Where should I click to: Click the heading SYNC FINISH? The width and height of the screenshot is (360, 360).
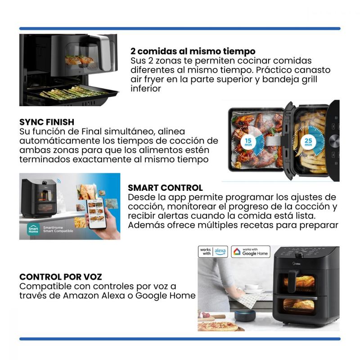(47, 122)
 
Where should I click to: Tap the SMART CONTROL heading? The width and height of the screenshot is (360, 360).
(165, 188)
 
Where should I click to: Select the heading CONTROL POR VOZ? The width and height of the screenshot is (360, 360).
(61, 277)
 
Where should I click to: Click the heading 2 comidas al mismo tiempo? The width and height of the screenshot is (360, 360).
(193, 51)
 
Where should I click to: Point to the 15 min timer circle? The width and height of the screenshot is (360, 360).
(248, 142)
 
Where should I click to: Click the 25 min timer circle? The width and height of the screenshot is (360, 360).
(308, 142)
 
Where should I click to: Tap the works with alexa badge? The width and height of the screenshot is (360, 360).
(213, 252)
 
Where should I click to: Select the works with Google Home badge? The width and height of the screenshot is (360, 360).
(251, 252)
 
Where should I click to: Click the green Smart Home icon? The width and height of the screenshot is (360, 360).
(33, 229)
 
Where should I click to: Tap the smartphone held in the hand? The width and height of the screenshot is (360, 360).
(96, 213)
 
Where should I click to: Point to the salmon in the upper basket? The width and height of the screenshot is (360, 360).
(80, 60)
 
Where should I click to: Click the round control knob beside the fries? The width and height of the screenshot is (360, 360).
(334, 140)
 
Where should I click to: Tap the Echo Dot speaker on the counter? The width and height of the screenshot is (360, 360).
(245, 315)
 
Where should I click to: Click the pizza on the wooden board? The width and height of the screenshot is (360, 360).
(217, 326)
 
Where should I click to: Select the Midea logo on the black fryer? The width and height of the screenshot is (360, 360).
(296, 263)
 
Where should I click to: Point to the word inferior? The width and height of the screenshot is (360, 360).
(146, 88)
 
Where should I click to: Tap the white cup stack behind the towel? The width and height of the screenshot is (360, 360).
(252, 288)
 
